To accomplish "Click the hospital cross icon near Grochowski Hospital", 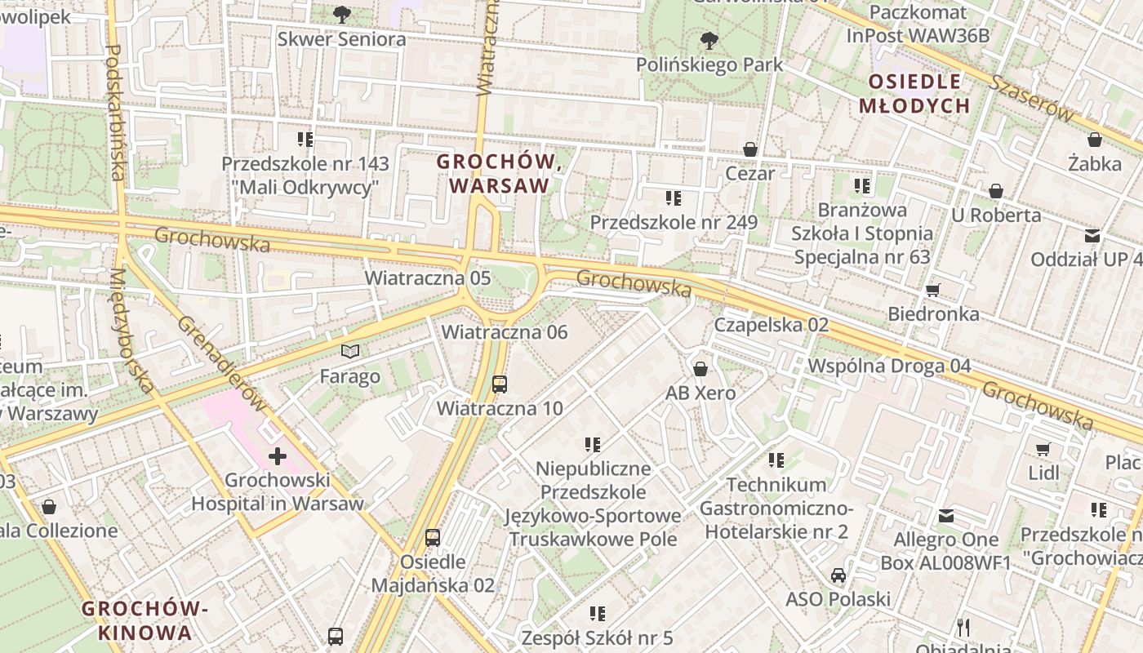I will [x=278, y=456].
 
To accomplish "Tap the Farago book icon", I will [x=350, y=352].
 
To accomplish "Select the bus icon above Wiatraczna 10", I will [x=499, y=384].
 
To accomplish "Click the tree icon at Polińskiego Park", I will [x=709, y=39].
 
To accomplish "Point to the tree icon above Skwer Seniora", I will [x=341, y=14].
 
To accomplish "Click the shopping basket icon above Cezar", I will [x=750, y=149].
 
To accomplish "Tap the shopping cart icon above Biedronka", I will [x=933, y=290].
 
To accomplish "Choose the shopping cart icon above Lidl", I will [x=1043, y=449].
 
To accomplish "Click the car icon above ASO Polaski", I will [x=838, y=575].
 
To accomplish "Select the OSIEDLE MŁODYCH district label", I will [x=914, y=93].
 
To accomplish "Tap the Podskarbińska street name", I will [x=114, y=112].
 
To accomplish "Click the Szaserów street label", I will [x=1033, y=98].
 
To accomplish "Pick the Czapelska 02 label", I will [x=772, y=325].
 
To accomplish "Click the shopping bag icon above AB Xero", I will [x=700, y=369].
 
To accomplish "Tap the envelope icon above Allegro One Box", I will [x=945, y=516].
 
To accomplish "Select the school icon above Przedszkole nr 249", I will [x=674, y=198].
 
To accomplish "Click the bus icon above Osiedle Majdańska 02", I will [x=433, y=538].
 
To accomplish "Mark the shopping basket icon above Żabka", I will [x=1095, y=140].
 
